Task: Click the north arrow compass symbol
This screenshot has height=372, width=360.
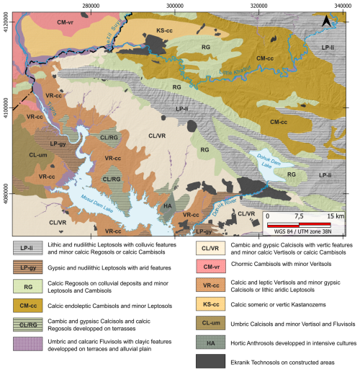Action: coord(326,23)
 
